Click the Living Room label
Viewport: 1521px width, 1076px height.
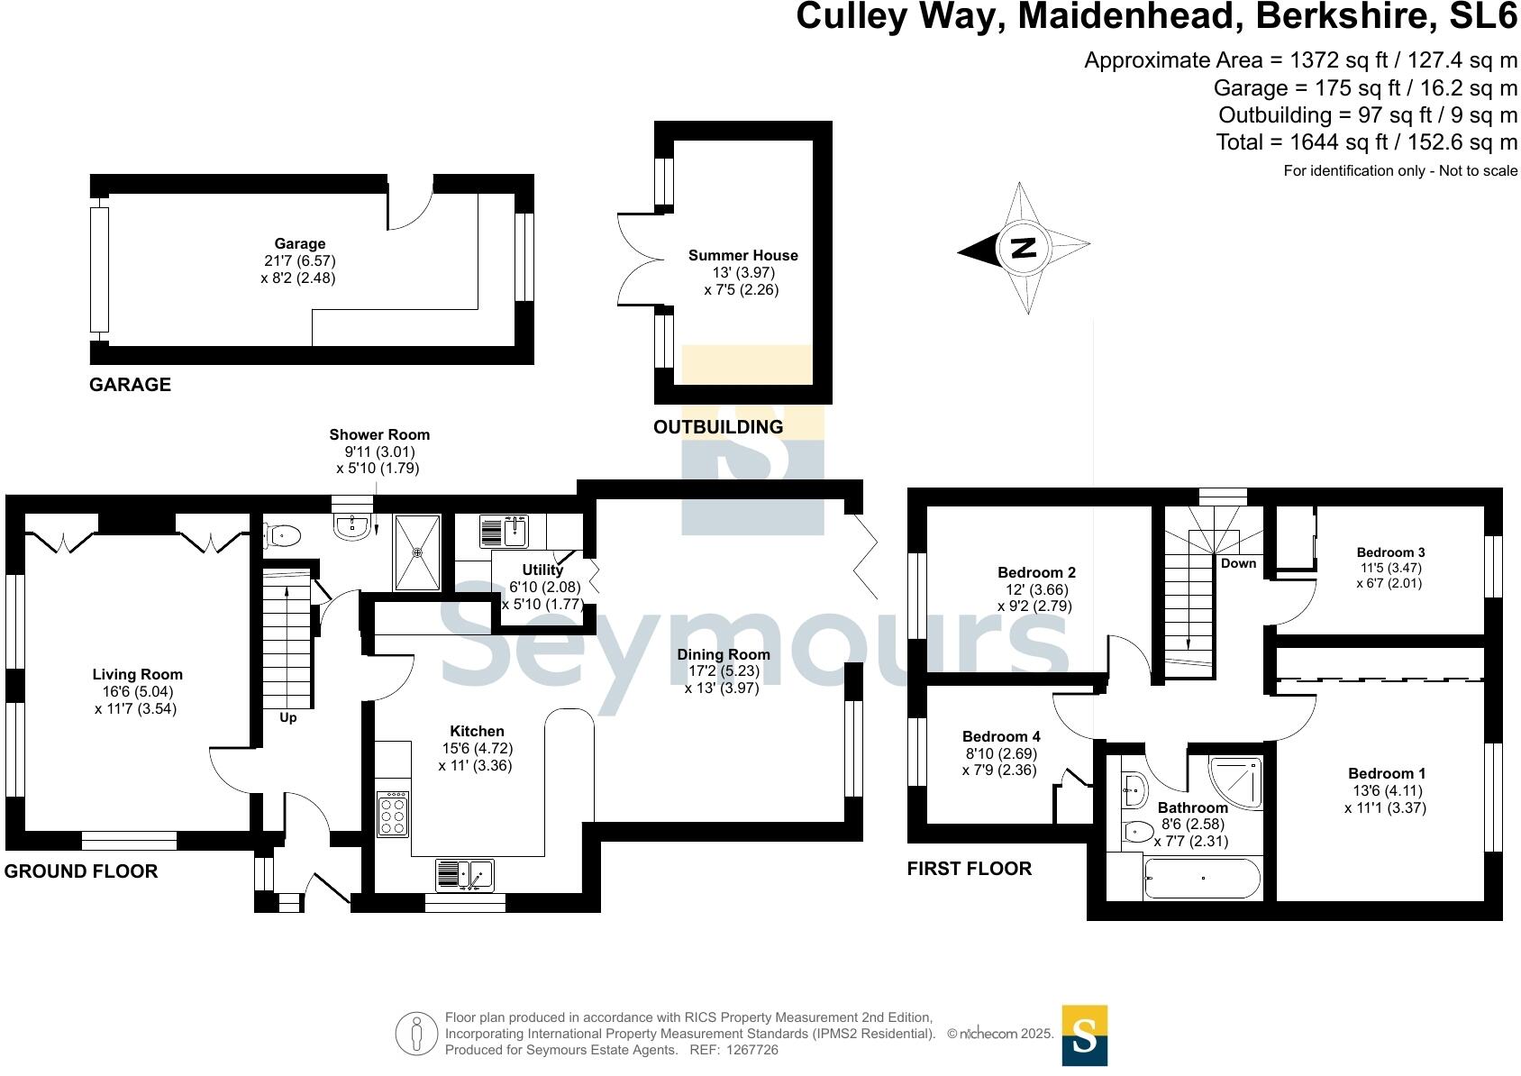point(137,674)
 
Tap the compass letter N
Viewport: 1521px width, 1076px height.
point(1024,248)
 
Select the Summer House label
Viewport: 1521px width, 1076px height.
point(742,255)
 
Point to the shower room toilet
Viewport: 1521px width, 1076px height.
point(282,536)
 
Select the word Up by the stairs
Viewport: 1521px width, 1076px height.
point(287,717)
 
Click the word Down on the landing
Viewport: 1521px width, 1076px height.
point(1238,563)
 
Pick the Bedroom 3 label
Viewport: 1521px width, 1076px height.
point(1390,552)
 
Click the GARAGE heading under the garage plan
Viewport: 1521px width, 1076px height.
point(130,385)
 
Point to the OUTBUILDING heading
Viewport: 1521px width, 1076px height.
point(718,427)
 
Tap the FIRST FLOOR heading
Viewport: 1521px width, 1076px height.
point(969,868)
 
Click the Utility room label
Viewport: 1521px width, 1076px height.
point(542,570)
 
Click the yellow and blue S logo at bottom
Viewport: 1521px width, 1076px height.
point(1084,1035)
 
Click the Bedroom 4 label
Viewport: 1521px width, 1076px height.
point(1000,736)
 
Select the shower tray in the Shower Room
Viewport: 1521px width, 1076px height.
point(417,552)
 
